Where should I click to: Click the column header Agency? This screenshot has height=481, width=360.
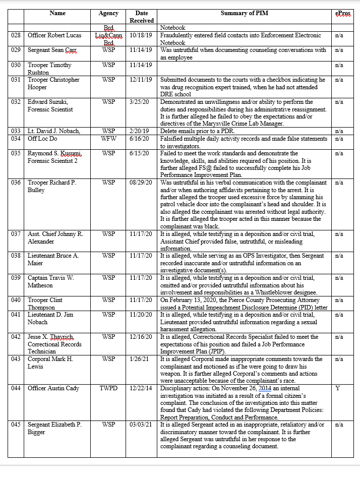[x=108, y=14]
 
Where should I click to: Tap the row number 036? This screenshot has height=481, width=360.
[x=16, y=183]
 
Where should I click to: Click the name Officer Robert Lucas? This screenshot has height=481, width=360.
[x=54, y=36]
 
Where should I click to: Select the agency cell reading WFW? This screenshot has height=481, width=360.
[x=108, y=139]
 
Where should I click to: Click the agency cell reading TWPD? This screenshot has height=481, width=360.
[x=108, y=388]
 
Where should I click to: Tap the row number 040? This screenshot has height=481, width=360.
[x=16, y=300]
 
